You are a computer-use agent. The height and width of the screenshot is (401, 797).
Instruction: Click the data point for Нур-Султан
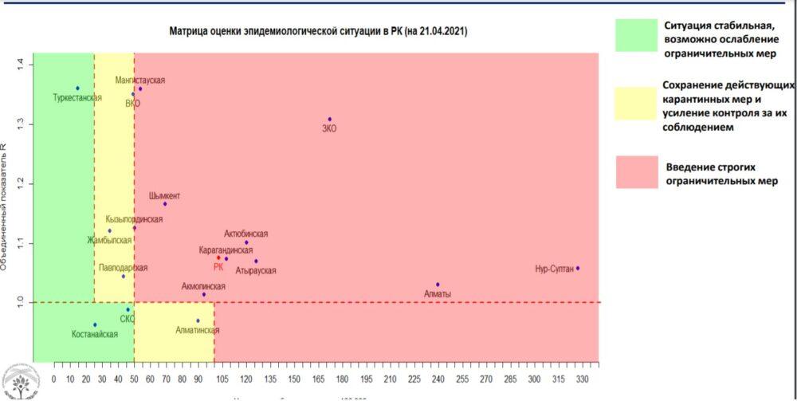pyautogui.click(x=578, y=269)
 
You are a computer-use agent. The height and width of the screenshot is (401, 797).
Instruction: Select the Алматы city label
pyautogui.click(x=438, y=294)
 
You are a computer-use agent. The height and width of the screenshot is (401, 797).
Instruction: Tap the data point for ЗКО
pyautogui.click(x=329, y=120)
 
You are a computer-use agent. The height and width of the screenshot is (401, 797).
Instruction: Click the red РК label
pyautogui.click(x=218, y=267)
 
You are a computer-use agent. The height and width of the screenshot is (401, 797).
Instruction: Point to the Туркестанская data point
pyautogui.click(x=77, y=88)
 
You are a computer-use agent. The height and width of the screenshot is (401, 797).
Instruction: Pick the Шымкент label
pyautogui.click(x=164, y=196)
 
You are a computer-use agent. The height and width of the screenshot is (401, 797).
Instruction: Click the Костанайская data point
pyautogui.click(x=95, y=324)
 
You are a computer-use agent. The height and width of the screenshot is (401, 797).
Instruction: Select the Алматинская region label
pyautogui.click(x=197, y=330)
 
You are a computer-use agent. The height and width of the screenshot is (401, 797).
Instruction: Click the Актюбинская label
pyautogui.click(x=246, y=234)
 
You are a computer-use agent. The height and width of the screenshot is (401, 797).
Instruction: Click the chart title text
pyautogui.click(x=318, y=31)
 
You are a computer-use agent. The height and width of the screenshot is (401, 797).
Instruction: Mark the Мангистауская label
pyautogui.click(x=140, y=81)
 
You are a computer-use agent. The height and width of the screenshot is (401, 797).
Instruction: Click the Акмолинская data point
pyautogui.click(x=204, y=294)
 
